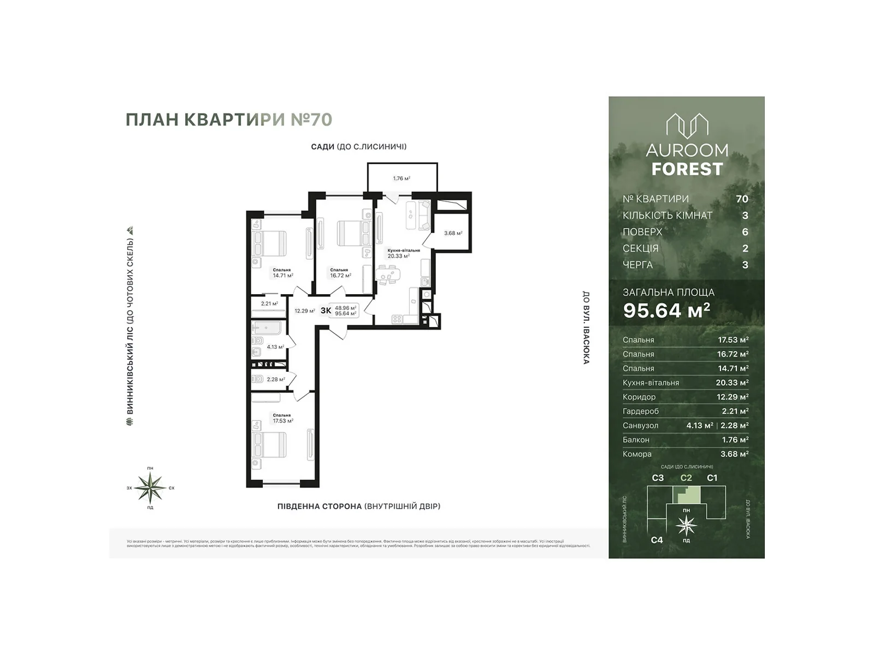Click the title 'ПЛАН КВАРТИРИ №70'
point(229,120)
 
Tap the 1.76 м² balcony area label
point(401,178)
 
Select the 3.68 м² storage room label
point(453,233)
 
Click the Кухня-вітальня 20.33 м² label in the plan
point(404,253)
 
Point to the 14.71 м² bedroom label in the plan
point(282,273)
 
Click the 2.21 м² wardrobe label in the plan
point(269,303)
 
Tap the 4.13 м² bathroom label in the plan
point(275,347)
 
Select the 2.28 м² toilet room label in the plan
point(275,379)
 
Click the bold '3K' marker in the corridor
point(326,311)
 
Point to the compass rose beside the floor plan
point(150,487)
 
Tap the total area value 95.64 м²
point(666,310)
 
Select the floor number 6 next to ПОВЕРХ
point(745,231)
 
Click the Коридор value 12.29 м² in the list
point(732,397)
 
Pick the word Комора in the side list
point(637,454)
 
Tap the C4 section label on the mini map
point(657,540)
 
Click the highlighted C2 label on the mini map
point(686,478)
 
